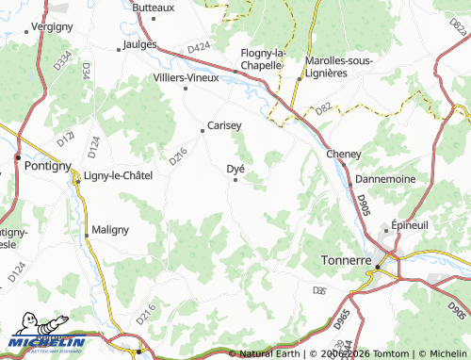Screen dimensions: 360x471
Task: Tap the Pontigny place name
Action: pos(42,165)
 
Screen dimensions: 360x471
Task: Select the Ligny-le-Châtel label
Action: pos(118,175)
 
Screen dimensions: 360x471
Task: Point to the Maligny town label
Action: pos(110,230)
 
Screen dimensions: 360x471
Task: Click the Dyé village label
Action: pos(236,169)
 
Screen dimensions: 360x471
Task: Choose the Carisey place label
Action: pos(224,124)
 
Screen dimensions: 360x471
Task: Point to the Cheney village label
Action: pos(344,154)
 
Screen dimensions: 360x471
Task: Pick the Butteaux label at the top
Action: pos(154,8)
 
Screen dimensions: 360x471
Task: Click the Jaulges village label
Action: pos(139,44)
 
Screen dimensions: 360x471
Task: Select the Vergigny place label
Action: pos(52,27)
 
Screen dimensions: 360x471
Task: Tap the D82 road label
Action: pos(323,110)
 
